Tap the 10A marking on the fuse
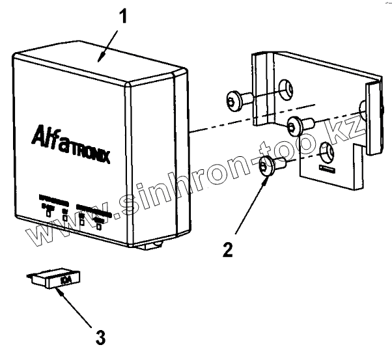point(66,281)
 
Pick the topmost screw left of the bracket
point(236,99)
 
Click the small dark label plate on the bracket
point(328,169)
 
